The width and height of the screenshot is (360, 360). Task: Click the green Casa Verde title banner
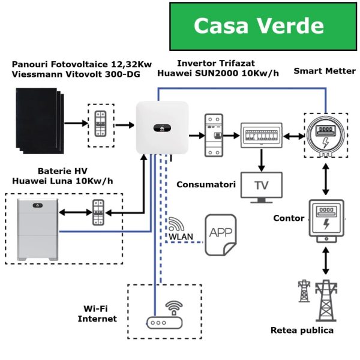coord(259,26)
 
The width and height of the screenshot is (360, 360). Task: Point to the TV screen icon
coord(262,185)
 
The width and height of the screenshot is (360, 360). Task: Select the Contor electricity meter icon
coord(325,218)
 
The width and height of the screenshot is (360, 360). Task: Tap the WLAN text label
coord(181,236)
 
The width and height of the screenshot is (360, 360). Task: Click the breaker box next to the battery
coord(98,212)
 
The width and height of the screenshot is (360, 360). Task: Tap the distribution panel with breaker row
coord(260,136)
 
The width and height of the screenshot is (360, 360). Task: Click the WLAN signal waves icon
coord(176,224)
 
